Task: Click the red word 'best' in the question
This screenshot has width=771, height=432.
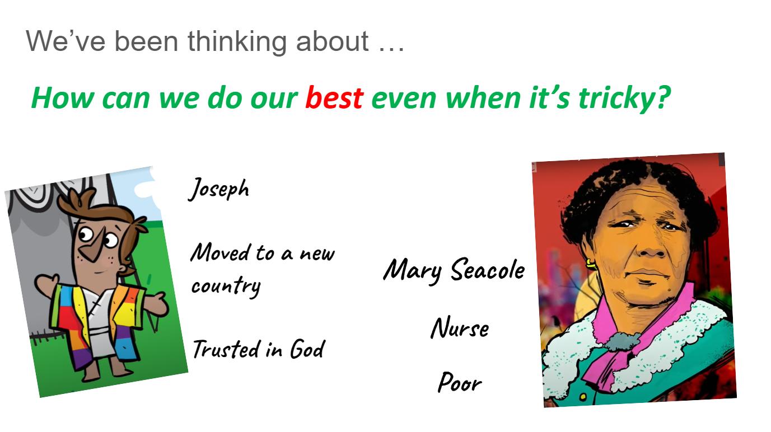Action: click(334, 98)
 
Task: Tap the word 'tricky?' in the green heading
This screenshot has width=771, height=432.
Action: click(624, 99)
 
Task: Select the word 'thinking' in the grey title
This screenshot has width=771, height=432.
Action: click(237, 42)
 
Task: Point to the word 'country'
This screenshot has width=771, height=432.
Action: click(226, 286)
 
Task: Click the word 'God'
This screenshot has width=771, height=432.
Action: click(307, 349)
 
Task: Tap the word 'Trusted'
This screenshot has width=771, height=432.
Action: click(226, 349)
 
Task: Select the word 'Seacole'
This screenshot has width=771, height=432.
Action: click(487, 269)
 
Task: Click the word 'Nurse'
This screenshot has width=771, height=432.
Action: click(460, 328)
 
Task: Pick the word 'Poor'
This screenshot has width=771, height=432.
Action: click(460, 382)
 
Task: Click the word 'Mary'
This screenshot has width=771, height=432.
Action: click(412, 271)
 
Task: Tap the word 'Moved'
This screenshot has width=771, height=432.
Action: click(220, 252)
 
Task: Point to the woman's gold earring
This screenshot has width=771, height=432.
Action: click(590, 265)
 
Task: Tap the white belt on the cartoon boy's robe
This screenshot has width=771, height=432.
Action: click(99, 332)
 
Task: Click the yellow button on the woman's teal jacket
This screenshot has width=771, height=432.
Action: click(583, 397)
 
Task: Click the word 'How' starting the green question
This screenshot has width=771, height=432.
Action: click(62, 98)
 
